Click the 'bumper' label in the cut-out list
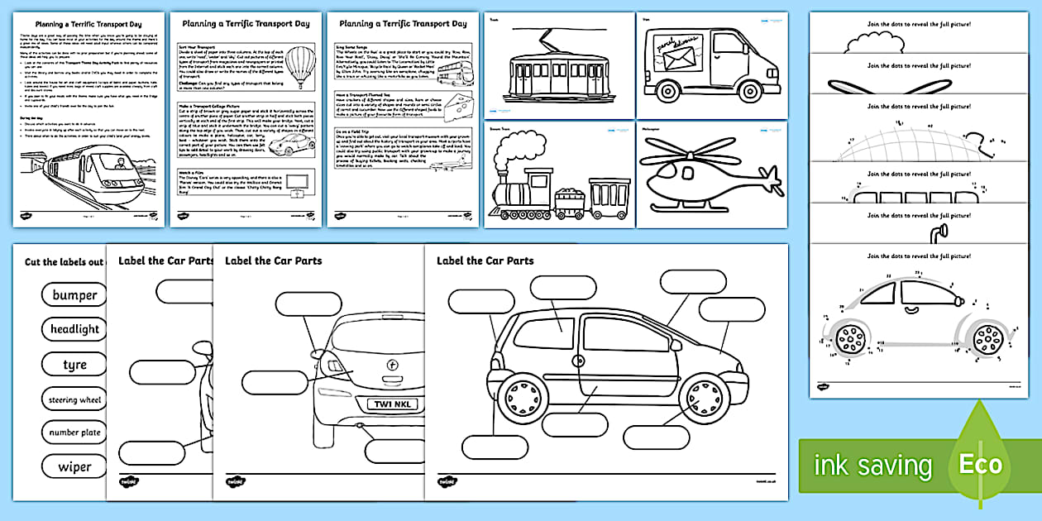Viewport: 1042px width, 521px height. (74, 295)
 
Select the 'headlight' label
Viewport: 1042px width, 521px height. (74, 329)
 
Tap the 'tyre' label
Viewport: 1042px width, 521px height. (74, 365)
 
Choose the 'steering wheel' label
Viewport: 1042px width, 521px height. (74, 399)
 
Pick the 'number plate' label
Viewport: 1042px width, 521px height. (74, 433)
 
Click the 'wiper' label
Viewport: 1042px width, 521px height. (74, 467)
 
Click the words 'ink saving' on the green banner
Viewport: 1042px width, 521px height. (872, 466)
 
